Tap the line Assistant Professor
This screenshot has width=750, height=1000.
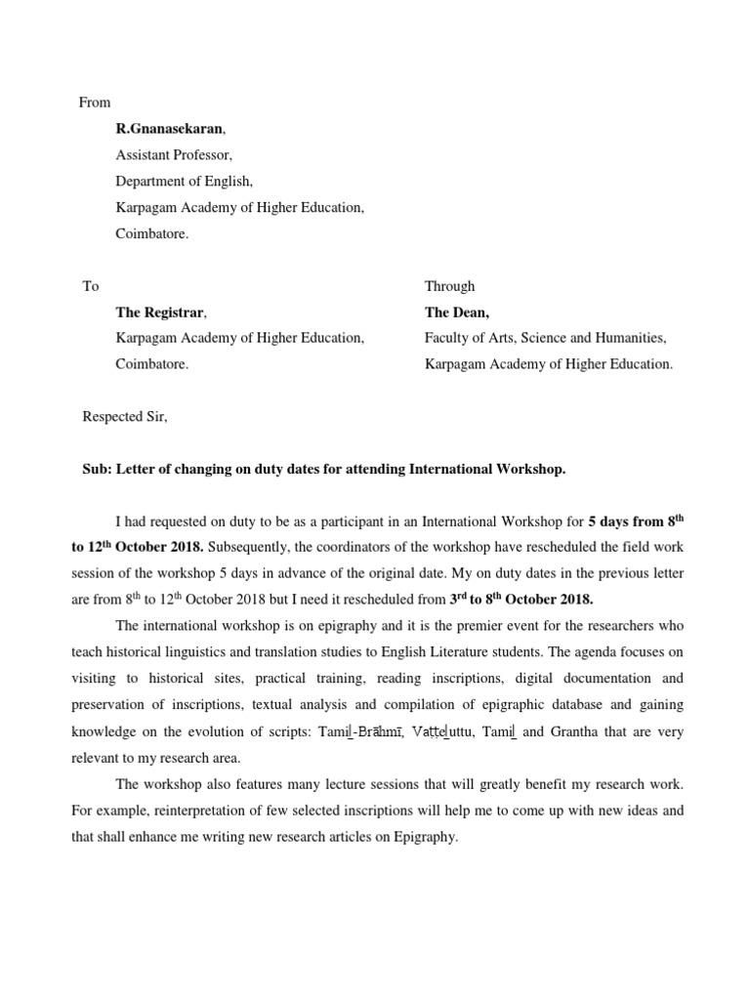174,154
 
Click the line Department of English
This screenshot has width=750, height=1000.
184,181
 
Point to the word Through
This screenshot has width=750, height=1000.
449,286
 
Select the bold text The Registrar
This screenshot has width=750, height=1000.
161,312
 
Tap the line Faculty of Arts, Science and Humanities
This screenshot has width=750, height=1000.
545,338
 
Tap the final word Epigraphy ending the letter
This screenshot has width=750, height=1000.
424,837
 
